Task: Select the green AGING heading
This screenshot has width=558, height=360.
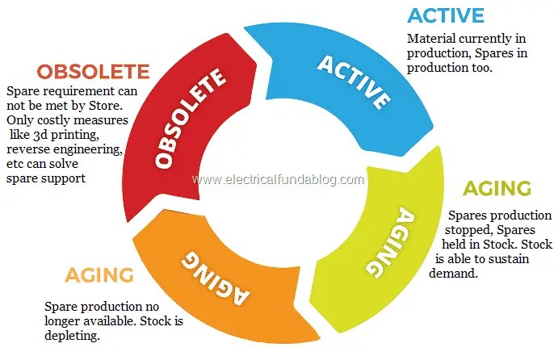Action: click(x=496, y=189)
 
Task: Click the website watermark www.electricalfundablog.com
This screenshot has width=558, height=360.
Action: click(x=279, y=179)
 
